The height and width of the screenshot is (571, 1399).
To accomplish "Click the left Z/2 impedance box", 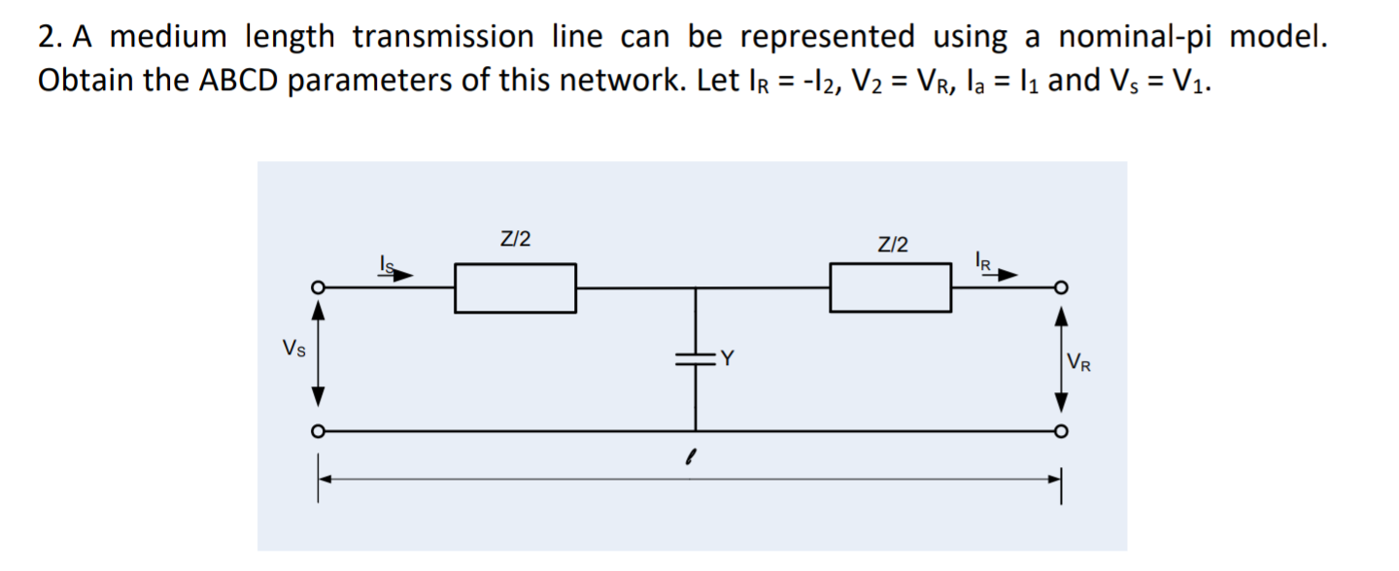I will point(515,288).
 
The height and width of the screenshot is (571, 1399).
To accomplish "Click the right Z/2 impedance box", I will point(890,288).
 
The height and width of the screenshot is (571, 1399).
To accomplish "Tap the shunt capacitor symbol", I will point(695,358).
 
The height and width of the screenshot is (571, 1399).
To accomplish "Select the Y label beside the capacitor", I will point(726,359).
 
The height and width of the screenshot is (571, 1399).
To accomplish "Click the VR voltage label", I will point(1078,365).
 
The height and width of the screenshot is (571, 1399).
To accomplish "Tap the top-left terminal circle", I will point(317,288).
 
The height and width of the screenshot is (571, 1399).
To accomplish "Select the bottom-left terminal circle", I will point(317,431).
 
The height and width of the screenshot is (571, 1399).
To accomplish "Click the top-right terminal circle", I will point(1062,288).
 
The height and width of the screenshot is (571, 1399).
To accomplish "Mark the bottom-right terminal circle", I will point(1062,431).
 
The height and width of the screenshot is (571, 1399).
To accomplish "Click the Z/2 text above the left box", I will point(515,239).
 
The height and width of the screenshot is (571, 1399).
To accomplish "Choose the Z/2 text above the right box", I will point(893,244).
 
